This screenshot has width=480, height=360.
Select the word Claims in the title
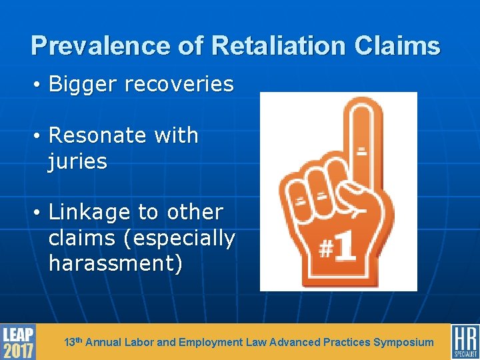399,45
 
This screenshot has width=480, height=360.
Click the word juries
77,161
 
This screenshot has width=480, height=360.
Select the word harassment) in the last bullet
115,263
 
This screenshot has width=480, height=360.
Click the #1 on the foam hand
337,250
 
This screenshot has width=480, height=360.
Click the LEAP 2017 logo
18,341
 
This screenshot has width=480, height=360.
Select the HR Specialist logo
465,341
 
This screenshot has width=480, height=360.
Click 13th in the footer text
73,342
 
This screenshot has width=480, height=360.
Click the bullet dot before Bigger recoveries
39,85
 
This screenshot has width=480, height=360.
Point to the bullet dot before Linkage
39,213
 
